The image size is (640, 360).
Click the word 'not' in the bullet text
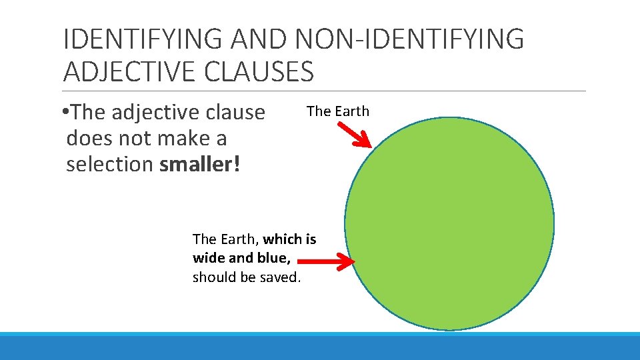(x=137, y=139)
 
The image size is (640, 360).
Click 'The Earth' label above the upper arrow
(x=337, y=111)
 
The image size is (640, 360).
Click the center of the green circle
(x=449, y=224)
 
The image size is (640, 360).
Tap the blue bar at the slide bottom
(x=320, y=347)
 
